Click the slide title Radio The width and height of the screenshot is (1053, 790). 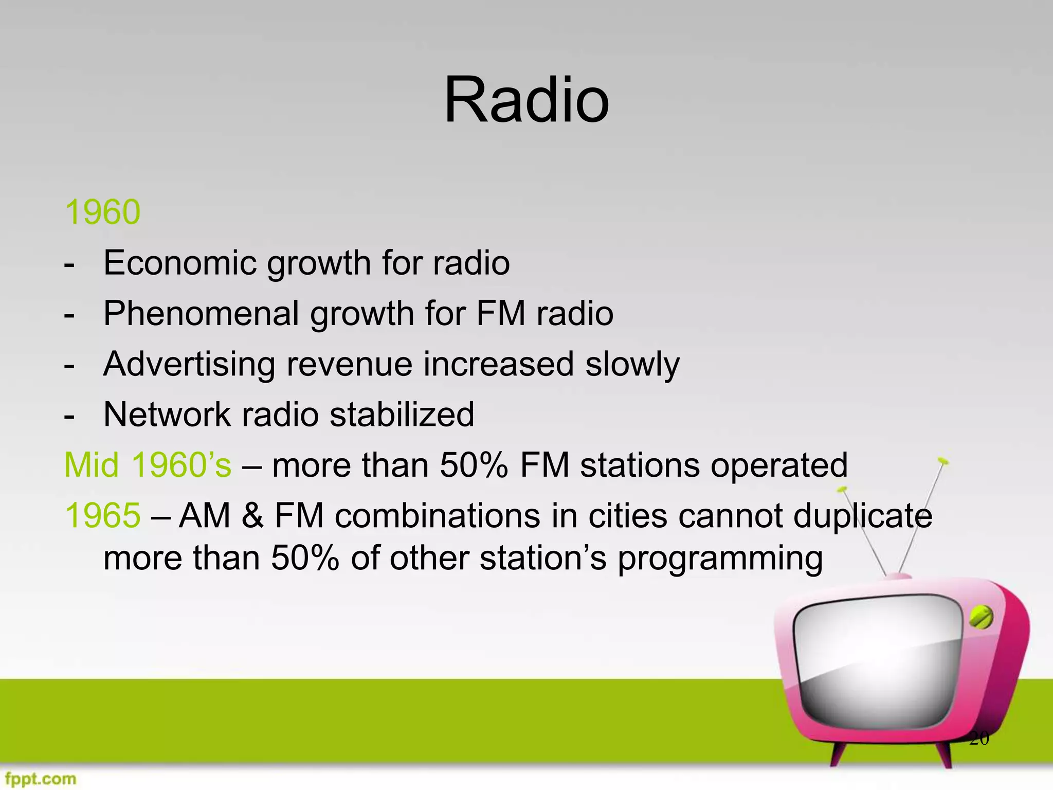point(526,100)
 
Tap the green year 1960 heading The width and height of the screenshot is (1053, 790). point(102,212)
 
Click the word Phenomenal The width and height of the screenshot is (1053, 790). point(201,313)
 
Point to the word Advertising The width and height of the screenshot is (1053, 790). point(189,364)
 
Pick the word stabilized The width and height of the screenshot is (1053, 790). point(402,415)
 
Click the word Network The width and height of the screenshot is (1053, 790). point(167,415)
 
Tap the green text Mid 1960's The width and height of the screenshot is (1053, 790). point(148,465)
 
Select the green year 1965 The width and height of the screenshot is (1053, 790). point(102,515)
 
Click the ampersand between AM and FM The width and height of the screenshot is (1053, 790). point(252,515)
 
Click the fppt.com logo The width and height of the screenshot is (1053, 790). point(41,778)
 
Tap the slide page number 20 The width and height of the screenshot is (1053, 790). point(978,739)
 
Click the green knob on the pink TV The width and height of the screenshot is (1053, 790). point(981,618)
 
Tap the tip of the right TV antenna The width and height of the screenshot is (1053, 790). point(942,460)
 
